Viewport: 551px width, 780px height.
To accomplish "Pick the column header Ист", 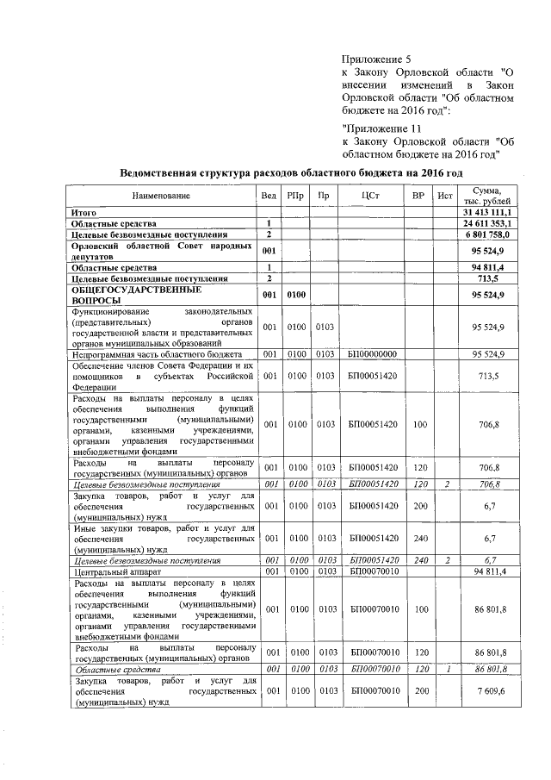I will pos(445,196).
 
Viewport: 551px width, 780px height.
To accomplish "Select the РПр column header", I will pos(297,196).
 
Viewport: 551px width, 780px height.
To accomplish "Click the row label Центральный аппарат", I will pos(115,571).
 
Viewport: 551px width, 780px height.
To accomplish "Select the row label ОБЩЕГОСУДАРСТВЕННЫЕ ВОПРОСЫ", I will pos(126,296).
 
